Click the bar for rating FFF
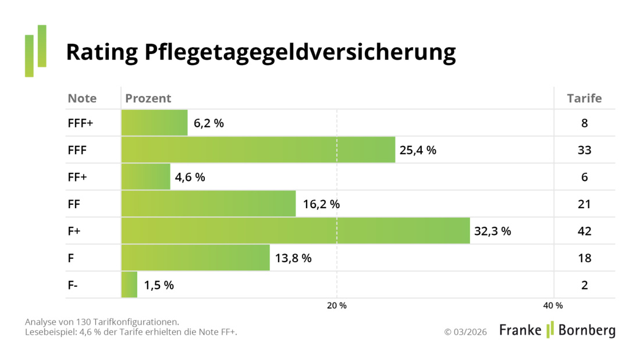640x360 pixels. pos(258,150)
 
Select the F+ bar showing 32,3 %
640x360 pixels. pos(295,231)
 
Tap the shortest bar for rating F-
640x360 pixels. pos(129,285)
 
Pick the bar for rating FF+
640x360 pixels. pos(145,177)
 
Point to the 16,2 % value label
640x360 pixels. pos(321,204)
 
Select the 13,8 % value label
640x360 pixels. pos(293,258)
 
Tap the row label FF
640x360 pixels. pos(74,204)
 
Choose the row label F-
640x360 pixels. pos(73,285)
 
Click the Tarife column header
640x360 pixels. pos(584,98)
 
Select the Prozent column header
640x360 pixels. pos(148,98)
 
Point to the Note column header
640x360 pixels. pos(82,98)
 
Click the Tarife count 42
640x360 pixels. pos(584,231)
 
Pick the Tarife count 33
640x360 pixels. pos(584,150)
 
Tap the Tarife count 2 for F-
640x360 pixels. pos(584,285)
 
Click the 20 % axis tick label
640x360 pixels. pos(336,306)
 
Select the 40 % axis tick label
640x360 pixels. pos(553,306)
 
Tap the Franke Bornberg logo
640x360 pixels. pos(557,330)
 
